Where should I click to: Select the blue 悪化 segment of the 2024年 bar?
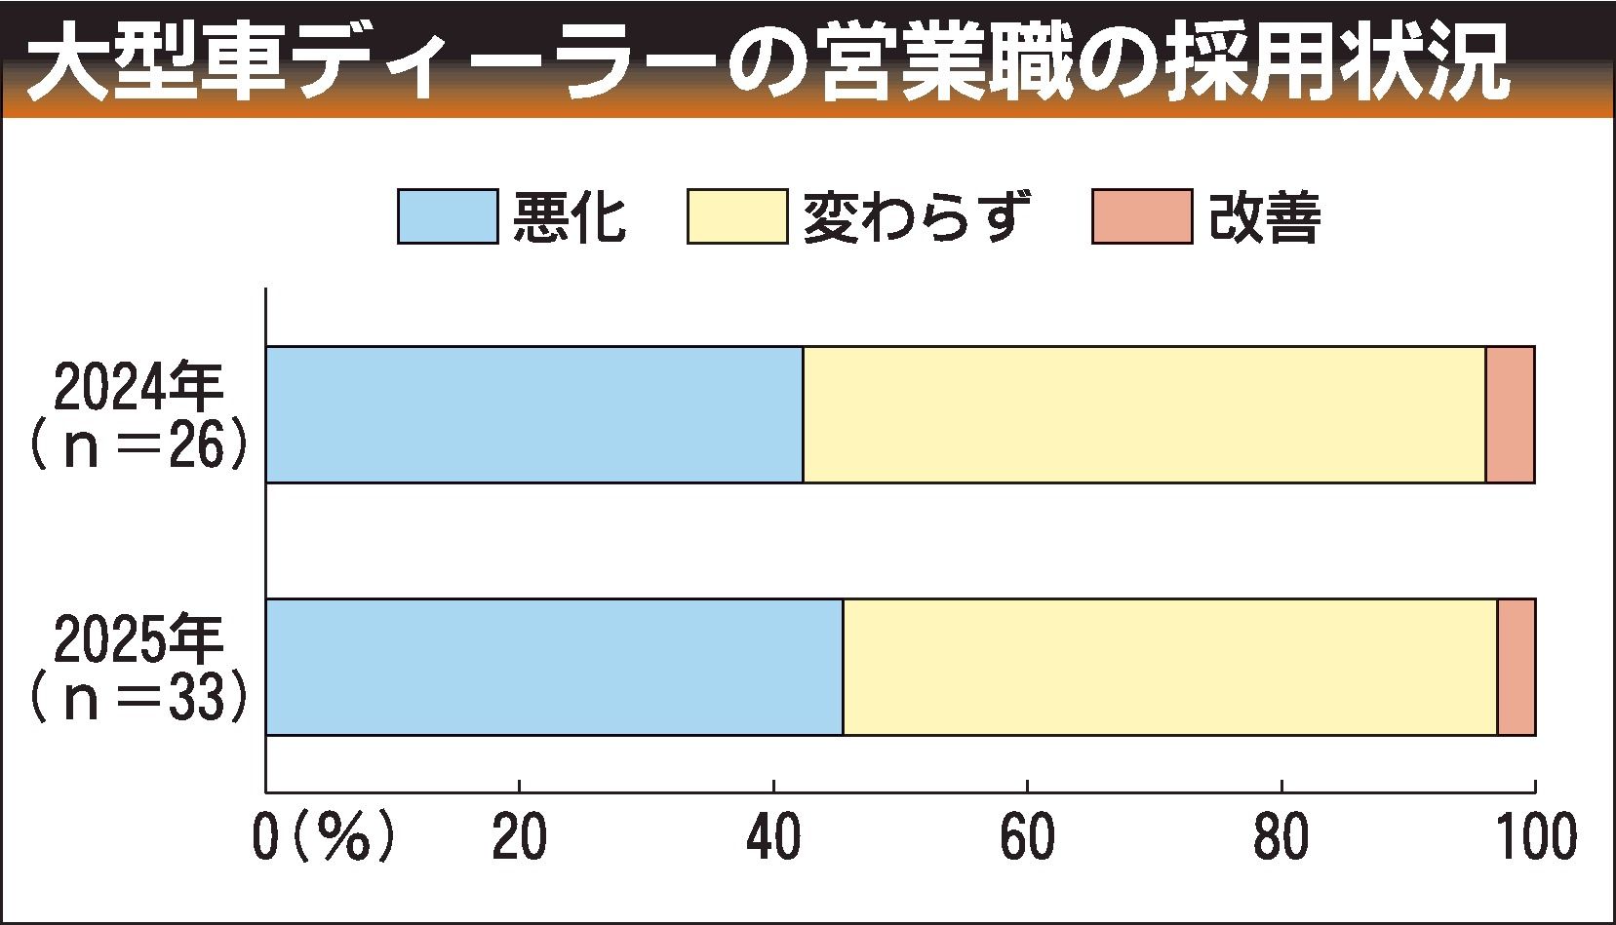click(534, 414)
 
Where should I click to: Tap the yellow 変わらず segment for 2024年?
click(1144, 414)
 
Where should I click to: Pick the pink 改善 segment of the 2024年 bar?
click(1510, 414)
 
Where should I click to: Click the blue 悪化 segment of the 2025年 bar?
click(554, 667)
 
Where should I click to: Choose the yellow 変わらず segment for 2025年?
click(1170, 667)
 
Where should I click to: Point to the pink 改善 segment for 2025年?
click(1517, 667)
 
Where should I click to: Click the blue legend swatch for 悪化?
click(448, 215)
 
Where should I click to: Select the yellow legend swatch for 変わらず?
click(736, 215)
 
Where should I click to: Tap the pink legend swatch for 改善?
click(1141, 215)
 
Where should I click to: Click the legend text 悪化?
click(570, 216)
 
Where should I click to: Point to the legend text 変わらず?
click(917, 216)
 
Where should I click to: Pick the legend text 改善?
click(1265, 216)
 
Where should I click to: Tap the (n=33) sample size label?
click(138, 698)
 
